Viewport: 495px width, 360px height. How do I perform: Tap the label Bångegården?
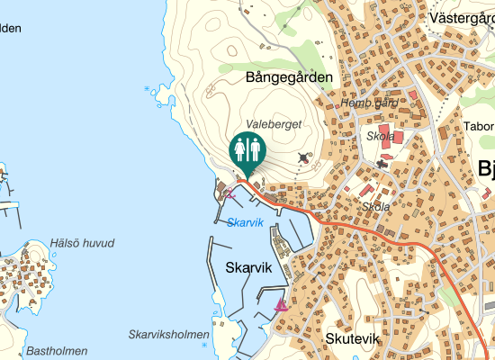coord(288,77)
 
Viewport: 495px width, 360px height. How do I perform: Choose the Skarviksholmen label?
coord(168,334)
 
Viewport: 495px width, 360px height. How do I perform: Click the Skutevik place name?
coord(352,339)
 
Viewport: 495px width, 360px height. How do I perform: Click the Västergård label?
coord(463,17)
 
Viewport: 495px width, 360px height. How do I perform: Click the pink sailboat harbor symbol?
coord(281,304)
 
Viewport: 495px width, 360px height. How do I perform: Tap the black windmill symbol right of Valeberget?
coord(302,157)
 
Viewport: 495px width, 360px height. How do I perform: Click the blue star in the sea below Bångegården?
coord(148,88)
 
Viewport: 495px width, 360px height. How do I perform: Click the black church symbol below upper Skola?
coord(383,164)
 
